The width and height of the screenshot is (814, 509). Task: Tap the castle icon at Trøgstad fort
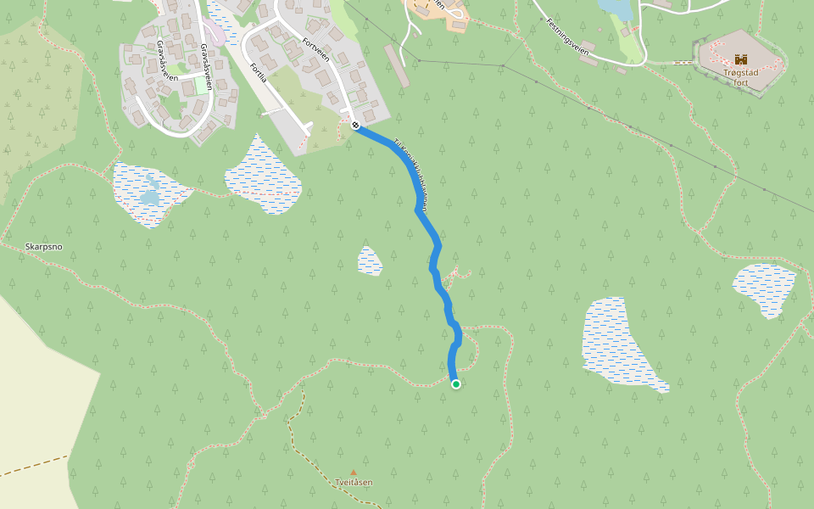(x=741, y=59)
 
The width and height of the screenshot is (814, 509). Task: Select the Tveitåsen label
(x=354, y=483)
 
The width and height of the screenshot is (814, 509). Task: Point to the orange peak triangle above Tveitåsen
(x=354, y=473)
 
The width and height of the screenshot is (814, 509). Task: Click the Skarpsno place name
(x=44, y=247)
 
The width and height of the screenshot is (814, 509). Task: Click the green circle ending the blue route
(x=456, y=384)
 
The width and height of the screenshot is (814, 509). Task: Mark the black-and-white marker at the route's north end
(x=355, y=126)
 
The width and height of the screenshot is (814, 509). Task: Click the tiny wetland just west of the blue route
(x=370, y=261)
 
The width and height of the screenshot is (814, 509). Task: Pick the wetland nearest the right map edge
(x=765, y=288)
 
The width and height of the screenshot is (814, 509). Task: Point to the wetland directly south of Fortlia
(x=263, y=175)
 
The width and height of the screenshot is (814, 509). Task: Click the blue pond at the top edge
(x=615, y=8)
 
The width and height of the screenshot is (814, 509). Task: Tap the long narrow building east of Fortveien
(x=397, y=65)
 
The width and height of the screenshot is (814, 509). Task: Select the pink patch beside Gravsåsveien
(x=215, y=32)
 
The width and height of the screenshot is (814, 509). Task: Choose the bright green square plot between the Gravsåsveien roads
(x=202, y=85)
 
